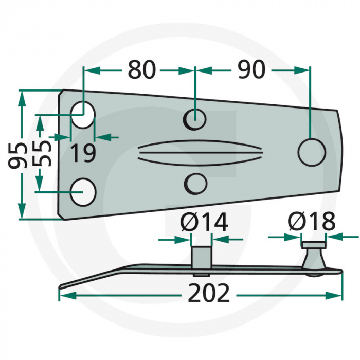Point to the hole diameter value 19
[x=83, y=153]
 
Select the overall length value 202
[x=208, y=294]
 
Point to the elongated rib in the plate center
[x=201, y=152]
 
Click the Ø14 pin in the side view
[x=201, y=256]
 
